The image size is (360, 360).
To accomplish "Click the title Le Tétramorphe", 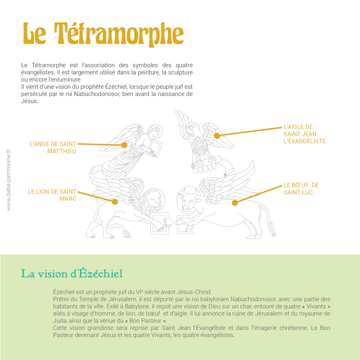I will click(103, 34).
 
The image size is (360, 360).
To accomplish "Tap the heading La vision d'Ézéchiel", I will click(72, 274).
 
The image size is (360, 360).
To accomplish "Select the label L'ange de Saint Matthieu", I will click(53, 147).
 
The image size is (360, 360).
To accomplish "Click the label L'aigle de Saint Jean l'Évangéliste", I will click(305, 134).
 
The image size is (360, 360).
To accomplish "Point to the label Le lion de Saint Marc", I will click(52, 195).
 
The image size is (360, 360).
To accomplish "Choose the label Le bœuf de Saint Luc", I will click(301, 188).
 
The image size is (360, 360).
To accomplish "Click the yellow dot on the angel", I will click(124, 145).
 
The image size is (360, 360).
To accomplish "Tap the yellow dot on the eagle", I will click(217, 136).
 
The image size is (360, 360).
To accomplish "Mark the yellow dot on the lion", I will click(115, 202).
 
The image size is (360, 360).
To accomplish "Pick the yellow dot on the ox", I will click(235, 202).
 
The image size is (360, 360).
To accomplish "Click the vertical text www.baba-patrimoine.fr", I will click(9, 180).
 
